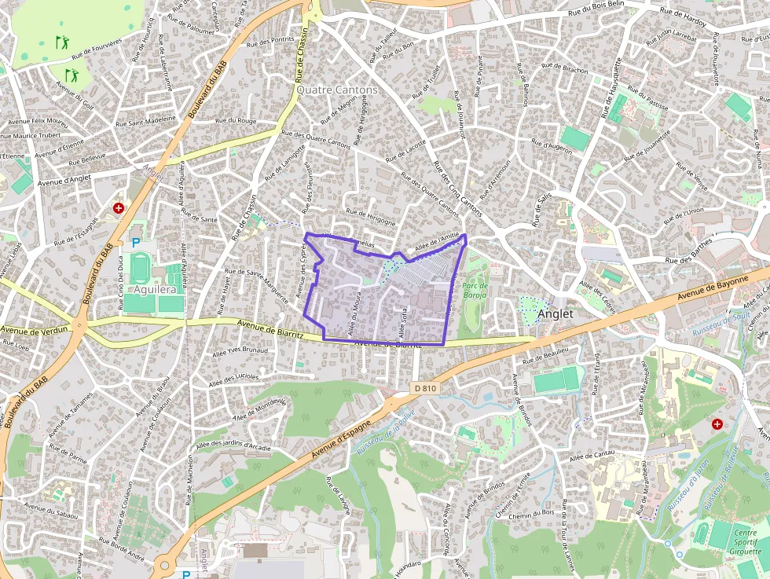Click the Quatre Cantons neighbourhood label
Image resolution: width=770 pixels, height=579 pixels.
pyautogui.click(x=337, y=90)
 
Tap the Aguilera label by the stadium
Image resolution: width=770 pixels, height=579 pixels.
pyautogui.click(x=153, y=289)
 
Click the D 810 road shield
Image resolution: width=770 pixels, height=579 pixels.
pyautogui.click(x=422, y=388)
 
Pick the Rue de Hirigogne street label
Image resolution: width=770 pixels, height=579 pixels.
pyautogui.click(x=371, y=217)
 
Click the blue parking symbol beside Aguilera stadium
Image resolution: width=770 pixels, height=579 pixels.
pyautogui.click(x=136, y=244)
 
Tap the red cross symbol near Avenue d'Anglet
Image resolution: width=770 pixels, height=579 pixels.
pyautogui.click(x=118, y=208)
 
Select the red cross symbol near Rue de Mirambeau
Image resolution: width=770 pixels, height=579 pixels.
pyautogui.click(x=717, y=424)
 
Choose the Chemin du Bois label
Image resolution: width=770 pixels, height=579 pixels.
pyautogui.click(x=531, y=514)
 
